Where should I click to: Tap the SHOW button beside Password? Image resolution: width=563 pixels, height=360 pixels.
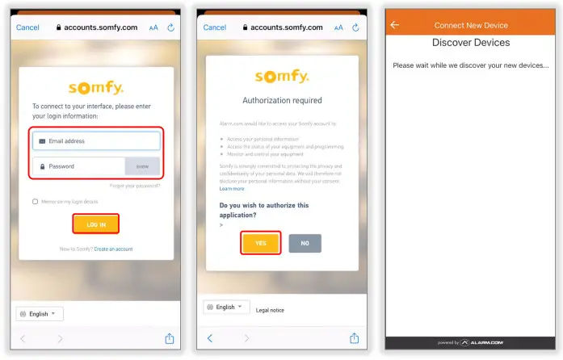tap(142, 166)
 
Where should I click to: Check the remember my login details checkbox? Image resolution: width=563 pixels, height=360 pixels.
tap(35, 201)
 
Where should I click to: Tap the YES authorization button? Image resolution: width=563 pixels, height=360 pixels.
tap(260, 242)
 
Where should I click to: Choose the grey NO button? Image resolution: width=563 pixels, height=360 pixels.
tap(305, 242)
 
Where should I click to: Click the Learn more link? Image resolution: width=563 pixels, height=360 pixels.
tap(232, 188)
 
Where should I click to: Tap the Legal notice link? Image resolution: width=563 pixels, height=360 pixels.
tap(270, 309)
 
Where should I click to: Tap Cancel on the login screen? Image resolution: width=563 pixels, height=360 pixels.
tap(27, 27)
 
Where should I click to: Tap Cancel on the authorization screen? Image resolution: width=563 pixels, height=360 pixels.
tap(215, 27)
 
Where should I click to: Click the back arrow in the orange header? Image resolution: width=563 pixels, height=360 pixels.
tap(395, 25)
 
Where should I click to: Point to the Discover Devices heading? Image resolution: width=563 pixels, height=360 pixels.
tap(471, 42)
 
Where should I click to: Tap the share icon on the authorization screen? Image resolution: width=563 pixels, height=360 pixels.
tap(355, 338)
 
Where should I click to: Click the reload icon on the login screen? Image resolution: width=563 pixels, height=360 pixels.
tap(170, 27)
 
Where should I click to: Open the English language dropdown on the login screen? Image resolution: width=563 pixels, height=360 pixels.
tap(40, 313)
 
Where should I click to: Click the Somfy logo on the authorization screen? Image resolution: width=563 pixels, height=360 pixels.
tap(282, 77)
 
